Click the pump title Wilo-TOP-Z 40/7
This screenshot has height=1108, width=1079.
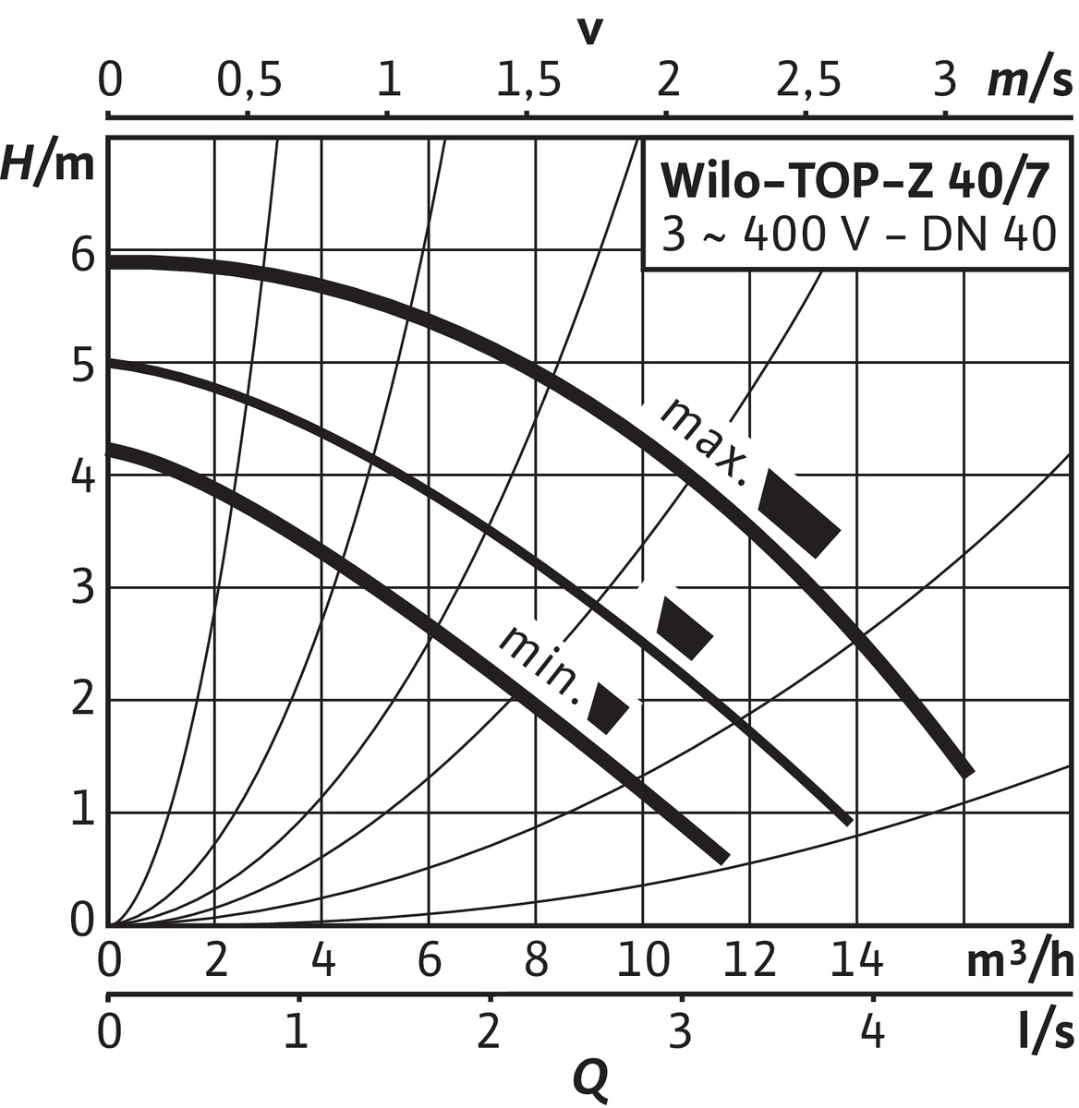855,182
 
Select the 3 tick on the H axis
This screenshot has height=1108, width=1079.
83,589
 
